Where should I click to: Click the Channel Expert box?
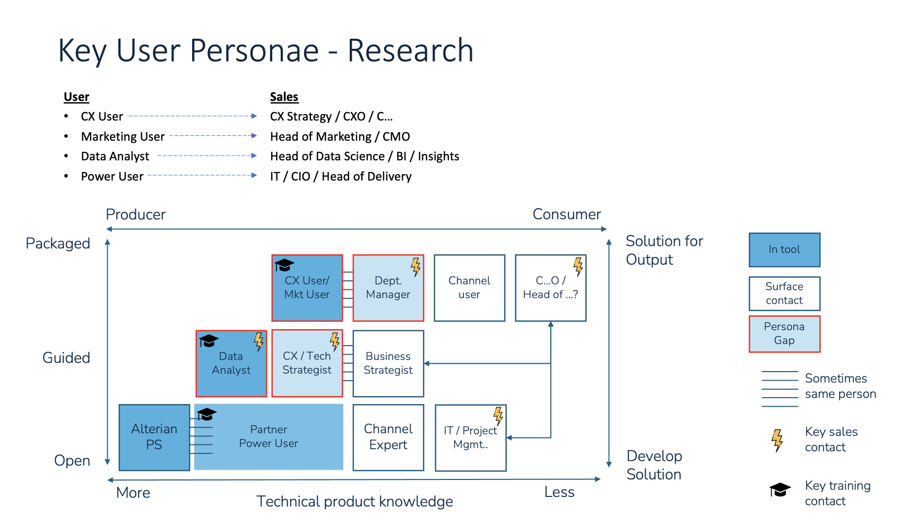point(388,437)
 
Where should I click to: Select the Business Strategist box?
point(388,364)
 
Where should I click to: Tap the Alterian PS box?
point(154,437)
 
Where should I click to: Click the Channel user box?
point(470,288)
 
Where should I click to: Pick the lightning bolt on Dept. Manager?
point(416,267)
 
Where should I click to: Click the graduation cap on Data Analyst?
point(209,340)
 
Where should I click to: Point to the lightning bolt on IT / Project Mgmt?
point(498,416)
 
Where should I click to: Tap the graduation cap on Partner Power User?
point(206,414)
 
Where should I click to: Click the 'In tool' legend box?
point(784,250)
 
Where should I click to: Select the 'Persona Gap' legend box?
point(784,334)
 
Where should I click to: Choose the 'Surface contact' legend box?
point(784,294)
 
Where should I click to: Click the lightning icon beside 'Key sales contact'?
point(777,440)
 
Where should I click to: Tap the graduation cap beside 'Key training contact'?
point(780,490)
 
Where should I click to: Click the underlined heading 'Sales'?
point(284,97)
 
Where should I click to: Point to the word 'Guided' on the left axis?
point(66,358)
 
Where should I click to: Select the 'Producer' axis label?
point(136,214)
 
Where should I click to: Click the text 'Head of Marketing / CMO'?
point(340,137)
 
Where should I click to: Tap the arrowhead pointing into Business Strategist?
point(427,364)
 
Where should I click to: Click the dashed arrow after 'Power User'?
point(202,175)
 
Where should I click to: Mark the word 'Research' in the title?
point(410,51)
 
